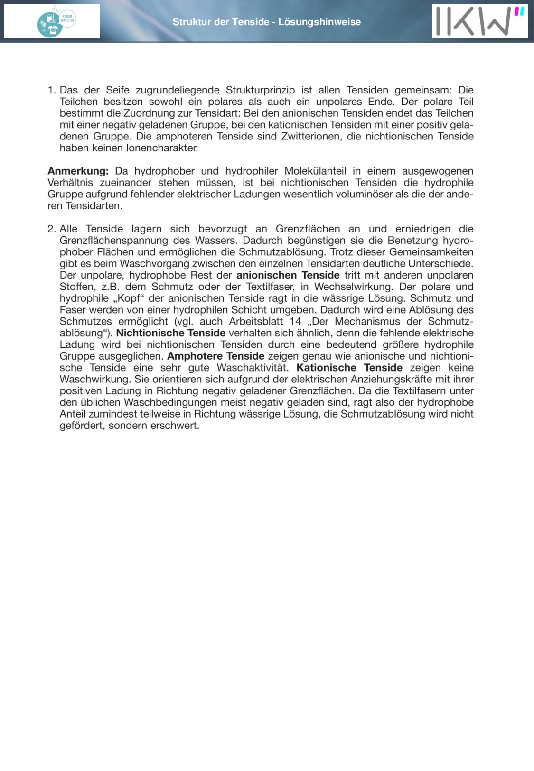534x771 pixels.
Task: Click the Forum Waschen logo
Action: (56, 21)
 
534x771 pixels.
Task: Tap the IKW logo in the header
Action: (480, 21)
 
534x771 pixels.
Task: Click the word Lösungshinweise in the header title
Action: (319, 22)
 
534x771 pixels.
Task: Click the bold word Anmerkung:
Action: (78, 171)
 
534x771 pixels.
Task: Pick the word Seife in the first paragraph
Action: (118, 90)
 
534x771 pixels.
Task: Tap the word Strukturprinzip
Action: (260, 90)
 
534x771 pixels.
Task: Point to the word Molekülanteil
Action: (315, 171)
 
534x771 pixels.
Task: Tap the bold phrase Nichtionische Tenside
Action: (171, 333)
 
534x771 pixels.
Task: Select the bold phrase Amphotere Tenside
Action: (216, 356)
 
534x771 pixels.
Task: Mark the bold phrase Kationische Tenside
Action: (349, 368)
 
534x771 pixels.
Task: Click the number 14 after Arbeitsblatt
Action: (295, 322)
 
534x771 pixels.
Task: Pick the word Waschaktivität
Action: (253, 368)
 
